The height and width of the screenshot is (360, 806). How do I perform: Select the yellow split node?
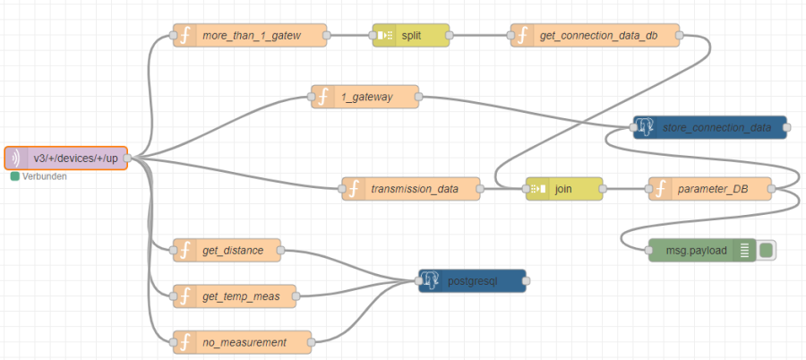point(411,35)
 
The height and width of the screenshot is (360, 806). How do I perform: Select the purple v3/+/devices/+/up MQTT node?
point(66,158)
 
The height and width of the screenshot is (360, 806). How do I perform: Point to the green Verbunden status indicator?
point(15,176)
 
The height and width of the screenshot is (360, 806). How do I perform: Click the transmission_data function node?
point(411,189)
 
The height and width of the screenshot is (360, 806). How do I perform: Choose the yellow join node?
point(563,189)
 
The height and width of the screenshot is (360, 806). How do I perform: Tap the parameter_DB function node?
point(711,189)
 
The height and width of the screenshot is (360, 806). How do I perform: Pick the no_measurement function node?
point(242,341)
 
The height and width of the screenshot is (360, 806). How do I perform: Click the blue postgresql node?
point(472,281)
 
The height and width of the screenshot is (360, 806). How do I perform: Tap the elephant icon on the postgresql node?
point(432,281)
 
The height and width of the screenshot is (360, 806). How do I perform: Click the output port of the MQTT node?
point(127,158)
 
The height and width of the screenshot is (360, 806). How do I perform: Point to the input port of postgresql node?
point(418,281)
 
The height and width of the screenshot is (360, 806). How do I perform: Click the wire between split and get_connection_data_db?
point(480,35)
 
